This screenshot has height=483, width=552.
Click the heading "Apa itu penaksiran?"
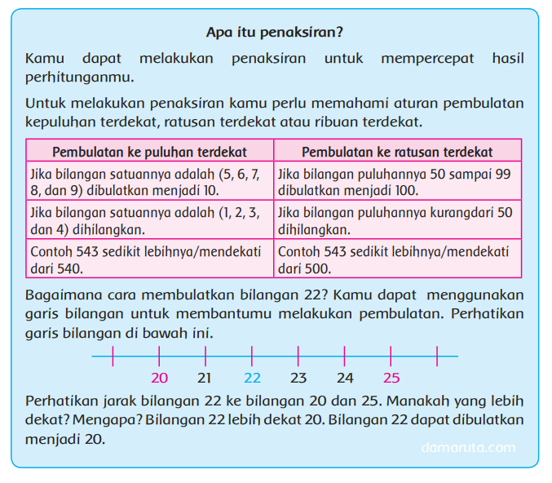275,33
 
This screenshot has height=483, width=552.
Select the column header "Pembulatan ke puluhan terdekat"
149,152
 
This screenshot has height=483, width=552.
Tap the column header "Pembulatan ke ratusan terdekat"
397,152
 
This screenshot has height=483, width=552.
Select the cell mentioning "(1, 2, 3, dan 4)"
149,221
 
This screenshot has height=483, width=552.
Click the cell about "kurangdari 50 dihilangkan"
397,221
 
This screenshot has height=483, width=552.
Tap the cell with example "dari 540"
149,259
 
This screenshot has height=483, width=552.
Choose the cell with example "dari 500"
397,259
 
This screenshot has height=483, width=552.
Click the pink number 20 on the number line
159,378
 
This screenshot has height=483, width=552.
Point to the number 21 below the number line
205,378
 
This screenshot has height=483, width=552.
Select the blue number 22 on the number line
252,378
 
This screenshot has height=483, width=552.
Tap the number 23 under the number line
298,378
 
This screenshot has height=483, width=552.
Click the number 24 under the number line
345,378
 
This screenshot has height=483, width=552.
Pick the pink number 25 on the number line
391,378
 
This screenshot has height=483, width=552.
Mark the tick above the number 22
252,356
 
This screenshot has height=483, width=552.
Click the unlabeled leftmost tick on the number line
113,356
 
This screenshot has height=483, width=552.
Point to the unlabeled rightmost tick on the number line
438,356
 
